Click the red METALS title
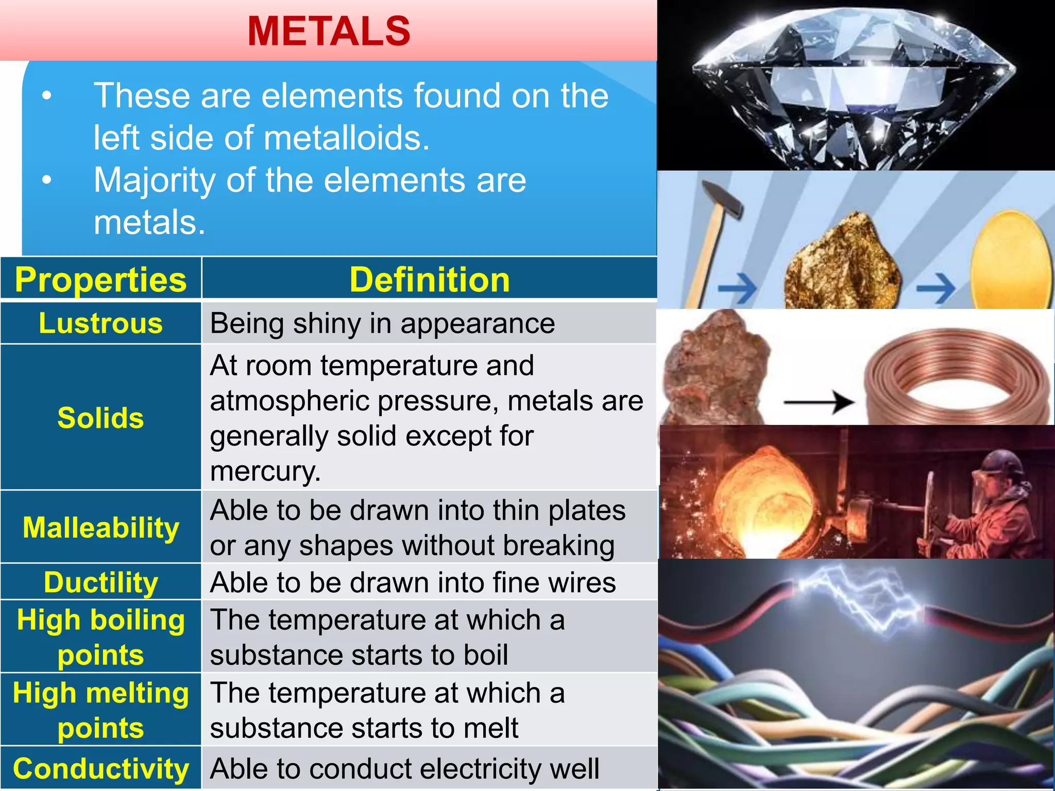(x=329, y=31)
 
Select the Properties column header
(x=100, y=280)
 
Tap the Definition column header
(x=429, y=280)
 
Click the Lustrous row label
(x=100, y=323)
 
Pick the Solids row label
(x=100, y=418)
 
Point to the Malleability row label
(x=100, y=528)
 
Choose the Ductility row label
(x=100, y=582)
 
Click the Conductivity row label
(x=100, y=769)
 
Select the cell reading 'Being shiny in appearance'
(x=382, y=323)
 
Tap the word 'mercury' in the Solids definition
(x=264, y=471)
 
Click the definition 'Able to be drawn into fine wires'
(x=413, y=582)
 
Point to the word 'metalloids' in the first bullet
(x=346, y=138)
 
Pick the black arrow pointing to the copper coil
(x=819, y=402)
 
